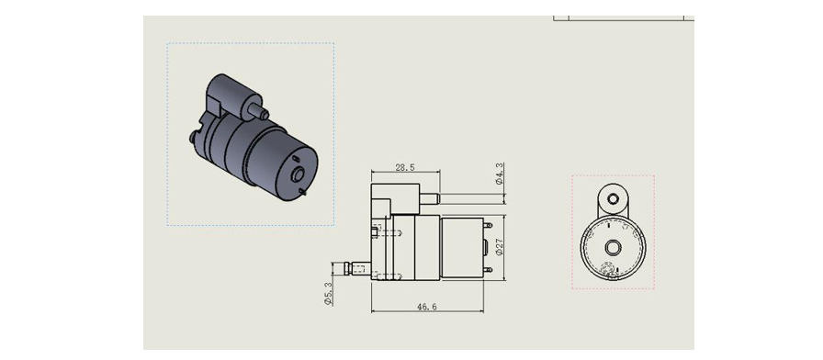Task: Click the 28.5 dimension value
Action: coord(405,167)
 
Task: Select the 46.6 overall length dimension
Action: coord(427,307)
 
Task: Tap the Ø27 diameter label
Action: coord(499,247)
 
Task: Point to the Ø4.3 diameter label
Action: coord(499,174)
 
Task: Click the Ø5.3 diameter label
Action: coord(328,293)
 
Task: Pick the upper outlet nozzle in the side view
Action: coord(430,199)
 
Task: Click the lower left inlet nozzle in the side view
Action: coord(357,269)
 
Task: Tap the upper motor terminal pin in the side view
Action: coord(488,225)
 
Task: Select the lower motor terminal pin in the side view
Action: coord(488,270)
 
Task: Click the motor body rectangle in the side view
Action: coord(462,248)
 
